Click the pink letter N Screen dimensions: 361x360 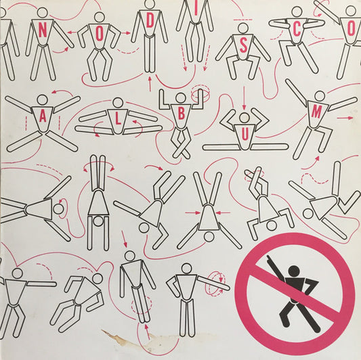(x=43, y=30)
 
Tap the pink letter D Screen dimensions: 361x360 (x=150, y=22)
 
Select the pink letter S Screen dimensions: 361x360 (x=243, y=46)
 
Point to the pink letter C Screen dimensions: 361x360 (x=297, y=30)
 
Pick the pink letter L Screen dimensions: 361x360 (x=118, y=119)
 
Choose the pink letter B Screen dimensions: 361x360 (x=182, y=113)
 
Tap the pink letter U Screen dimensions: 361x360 (x=245, y=134)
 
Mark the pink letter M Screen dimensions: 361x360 (x=316, y=112)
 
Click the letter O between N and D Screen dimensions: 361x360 (x=99, y=35)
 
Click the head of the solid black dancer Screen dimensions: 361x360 (x=294, y=271)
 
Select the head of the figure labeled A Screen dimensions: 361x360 (x=43, y=100)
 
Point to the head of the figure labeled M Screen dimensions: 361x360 (x=320, y=96)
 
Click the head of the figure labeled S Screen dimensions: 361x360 (x=243, y=28)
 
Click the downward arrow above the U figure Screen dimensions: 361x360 (x=244, y=98)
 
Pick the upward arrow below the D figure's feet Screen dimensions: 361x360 (x=150, y=84)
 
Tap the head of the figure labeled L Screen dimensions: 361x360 (x=118, y=103)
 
